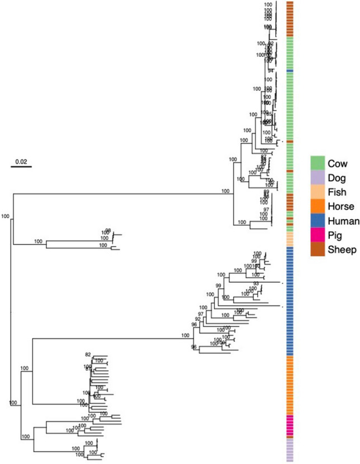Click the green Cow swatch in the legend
[x=318, y=163]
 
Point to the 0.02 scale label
[x=21, y=162]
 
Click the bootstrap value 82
[x=88, y=355]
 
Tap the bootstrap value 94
[x=270, y=71]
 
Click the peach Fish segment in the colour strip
[x=290, y=239]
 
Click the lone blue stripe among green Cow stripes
[x=290, y=71]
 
